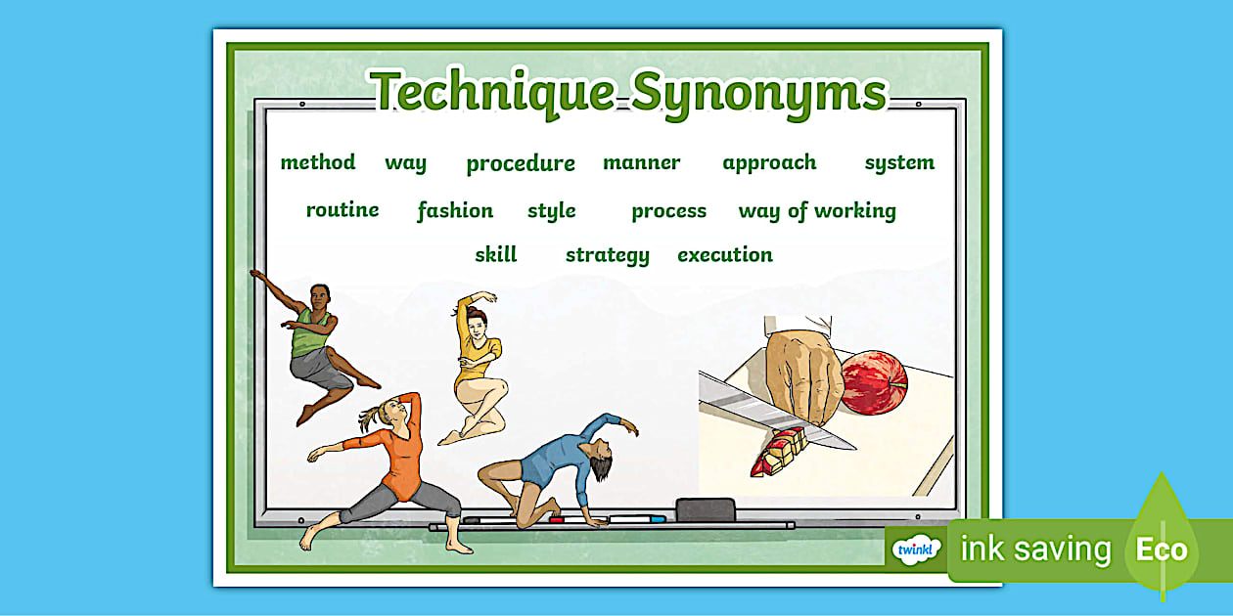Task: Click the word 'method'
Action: point(317,162)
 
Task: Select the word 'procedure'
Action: point(521,163)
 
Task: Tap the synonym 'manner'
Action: point(641,162)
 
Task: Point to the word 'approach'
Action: point(769,162)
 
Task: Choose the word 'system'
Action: point(899,162)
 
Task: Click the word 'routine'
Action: point(342,209)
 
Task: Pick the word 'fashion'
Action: point(455,210)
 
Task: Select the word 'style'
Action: point(551,210)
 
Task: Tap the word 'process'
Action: point(668,210)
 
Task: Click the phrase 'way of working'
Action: point(817,210)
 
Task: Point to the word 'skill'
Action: point(495,254)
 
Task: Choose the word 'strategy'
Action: point(607,255)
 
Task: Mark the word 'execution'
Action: point(725,254)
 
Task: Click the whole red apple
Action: point(874,382)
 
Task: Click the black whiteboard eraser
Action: point(705,509)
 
